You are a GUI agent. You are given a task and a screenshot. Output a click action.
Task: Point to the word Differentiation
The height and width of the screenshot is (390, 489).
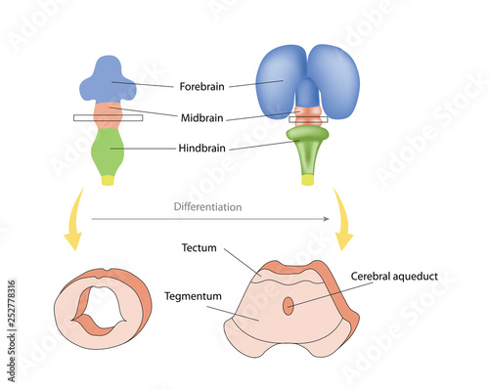coord(207,207)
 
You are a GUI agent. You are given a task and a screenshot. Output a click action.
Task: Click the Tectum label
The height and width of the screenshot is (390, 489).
coord(200,248)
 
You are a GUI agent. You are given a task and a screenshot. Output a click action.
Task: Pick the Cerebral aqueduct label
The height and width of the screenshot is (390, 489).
coord(394,277)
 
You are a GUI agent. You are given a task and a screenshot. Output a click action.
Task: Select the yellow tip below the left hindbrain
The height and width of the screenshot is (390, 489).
coord(110,181)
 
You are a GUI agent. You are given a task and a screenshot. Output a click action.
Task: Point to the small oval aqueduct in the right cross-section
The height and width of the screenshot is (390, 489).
coord(288,306)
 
